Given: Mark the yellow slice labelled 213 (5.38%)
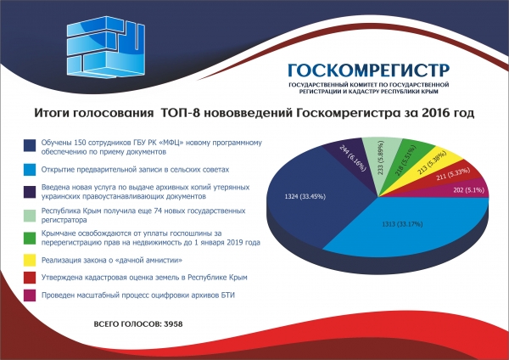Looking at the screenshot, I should click(x=438, y=161).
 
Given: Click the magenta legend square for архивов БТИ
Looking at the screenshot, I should click(x=30, y=295).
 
